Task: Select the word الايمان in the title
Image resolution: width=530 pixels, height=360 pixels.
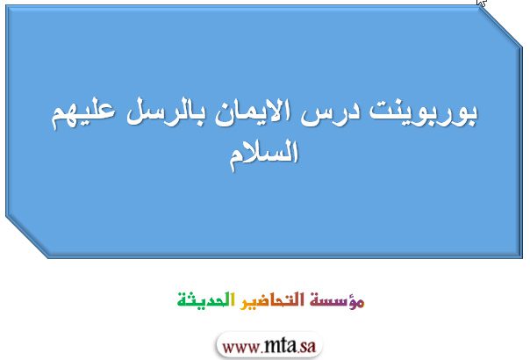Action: pos(252,112)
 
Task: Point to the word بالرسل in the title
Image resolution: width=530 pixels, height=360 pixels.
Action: pos(165,113)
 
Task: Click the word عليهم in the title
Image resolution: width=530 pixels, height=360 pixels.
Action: pos(82,113)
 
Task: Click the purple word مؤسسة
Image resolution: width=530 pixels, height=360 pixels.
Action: pos(337,300)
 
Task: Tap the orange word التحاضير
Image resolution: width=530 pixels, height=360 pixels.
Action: pos(272,300)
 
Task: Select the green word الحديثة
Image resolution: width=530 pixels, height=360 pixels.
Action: pos(205,299)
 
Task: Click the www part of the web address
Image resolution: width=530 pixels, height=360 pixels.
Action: pos(241,347)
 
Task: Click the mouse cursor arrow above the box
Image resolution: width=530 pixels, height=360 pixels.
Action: pos(482,3)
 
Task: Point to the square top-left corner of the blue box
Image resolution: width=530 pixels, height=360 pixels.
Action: pos(6,5)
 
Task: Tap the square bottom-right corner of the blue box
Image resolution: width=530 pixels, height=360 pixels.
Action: pos(522,258)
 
